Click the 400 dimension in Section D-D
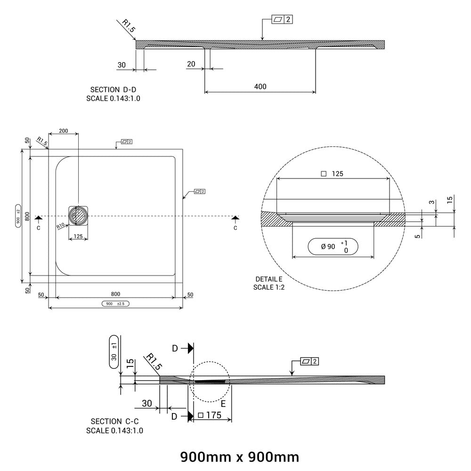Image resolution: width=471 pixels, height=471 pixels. pos(260,87)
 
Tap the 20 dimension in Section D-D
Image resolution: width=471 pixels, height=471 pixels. pos(191,64)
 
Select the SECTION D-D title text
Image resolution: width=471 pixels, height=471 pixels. pos(113,89)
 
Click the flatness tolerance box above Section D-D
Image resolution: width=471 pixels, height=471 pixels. pos(282,19)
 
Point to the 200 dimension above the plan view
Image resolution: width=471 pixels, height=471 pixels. pos(64,131)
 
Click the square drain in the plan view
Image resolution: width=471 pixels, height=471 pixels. pos(78,216)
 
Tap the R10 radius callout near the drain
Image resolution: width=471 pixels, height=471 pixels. pos(61,226)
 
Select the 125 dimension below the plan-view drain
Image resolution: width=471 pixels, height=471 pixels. pos(78,236)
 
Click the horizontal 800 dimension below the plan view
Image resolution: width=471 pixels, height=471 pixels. pos(115,294)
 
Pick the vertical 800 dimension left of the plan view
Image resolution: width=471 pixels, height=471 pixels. pos(27,216)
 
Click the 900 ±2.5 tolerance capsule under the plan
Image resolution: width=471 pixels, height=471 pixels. pos(116,304)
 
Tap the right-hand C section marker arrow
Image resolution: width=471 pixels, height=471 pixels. pos(235,218)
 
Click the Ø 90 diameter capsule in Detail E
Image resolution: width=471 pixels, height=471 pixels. pos(333,247)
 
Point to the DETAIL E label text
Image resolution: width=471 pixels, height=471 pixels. pos(269,279)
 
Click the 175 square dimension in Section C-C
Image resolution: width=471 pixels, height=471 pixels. pos(210,415)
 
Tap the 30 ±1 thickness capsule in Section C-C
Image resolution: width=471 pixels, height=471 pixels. pos(114,352)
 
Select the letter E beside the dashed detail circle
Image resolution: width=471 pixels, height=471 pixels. pos(223,404)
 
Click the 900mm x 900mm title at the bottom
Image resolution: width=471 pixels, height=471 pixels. pos(240,457)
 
